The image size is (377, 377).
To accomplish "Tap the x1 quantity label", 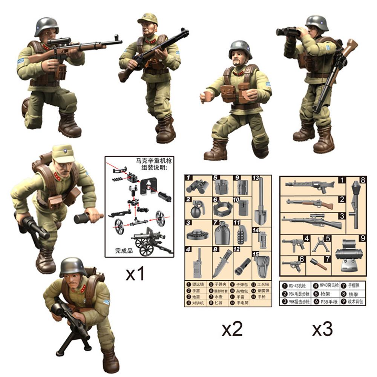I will [135, 275].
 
